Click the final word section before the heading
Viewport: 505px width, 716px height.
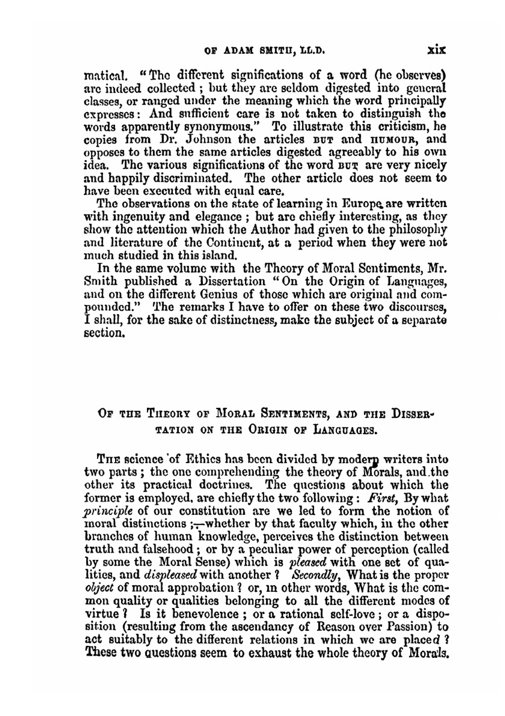[104, 333]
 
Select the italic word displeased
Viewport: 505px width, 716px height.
[171, 575]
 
